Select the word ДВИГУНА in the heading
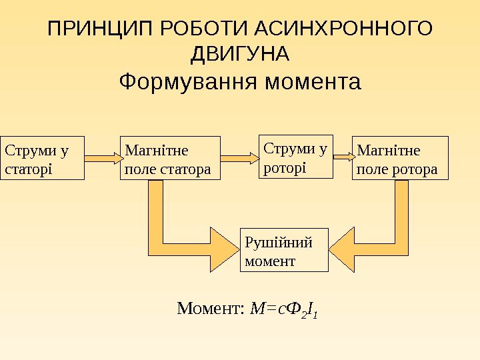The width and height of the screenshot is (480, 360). (239, 53)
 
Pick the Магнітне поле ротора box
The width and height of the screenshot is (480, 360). (401, 159)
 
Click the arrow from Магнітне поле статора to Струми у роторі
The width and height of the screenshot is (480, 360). (239, 158)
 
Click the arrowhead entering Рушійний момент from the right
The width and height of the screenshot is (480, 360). (343, 249)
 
